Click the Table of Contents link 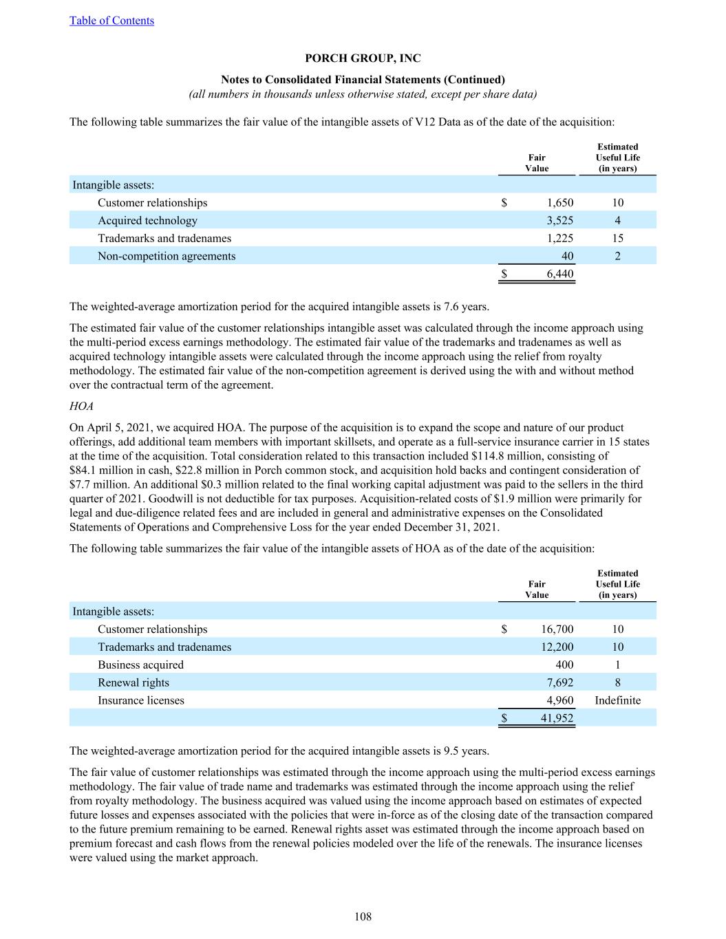coord(111,21)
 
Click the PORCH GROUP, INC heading coord(363,58)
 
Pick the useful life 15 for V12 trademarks coord(617,239)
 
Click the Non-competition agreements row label coord(167,257)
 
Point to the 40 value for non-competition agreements coord(567,257)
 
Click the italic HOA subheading coord(81,407)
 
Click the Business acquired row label coord(140,665)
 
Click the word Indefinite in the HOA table coord(617,701)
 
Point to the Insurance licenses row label coord(141,701)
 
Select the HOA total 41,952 coord(557,718)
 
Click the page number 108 coord(363,916)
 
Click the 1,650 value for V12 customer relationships coord(559,203)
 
